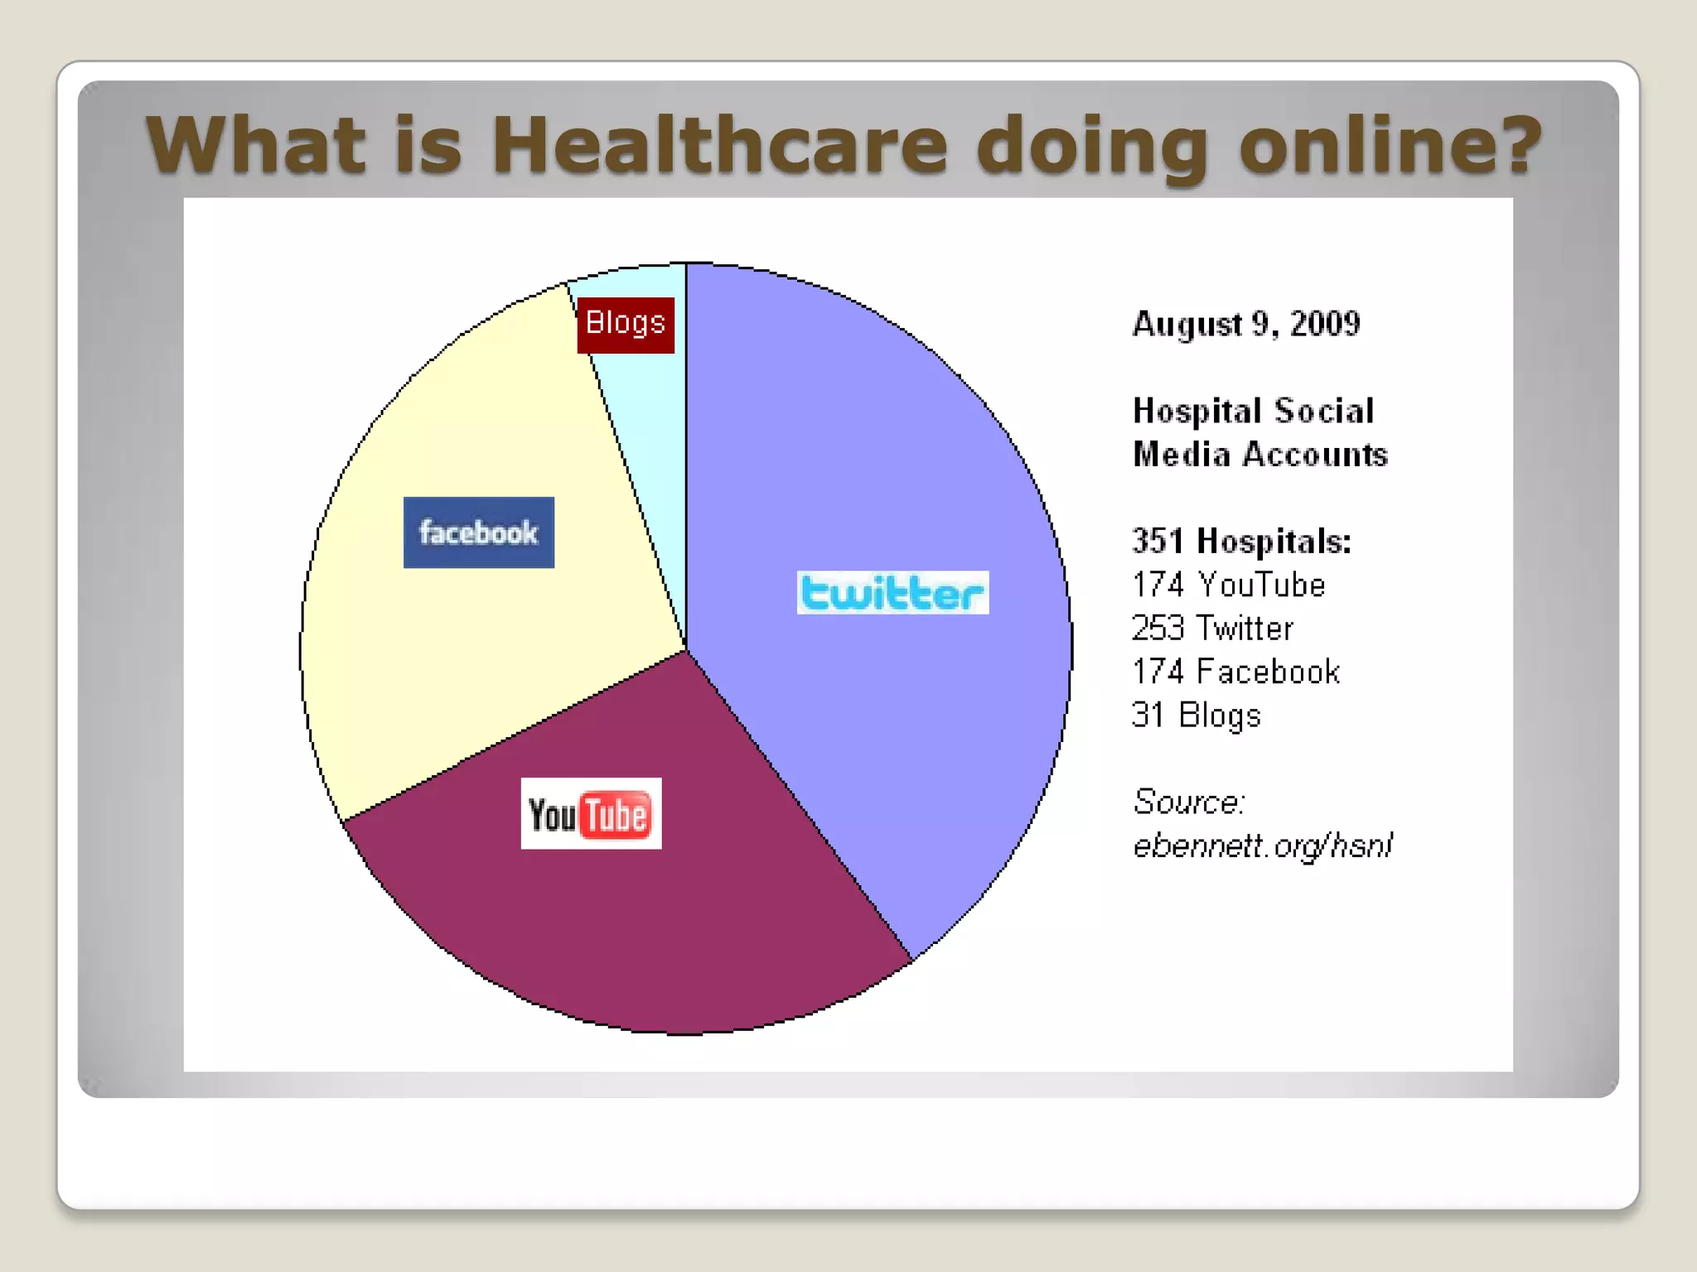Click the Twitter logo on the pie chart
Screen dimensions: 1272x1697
[892, 592]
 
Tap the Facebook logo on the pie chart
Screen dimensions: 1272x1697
[478, 532]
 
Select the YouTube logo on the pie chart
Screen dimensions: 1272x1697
[591, 813]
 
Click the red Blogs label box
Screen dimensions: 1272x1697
[626, 324]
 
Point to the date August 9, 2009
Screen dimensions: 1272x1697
[1245, 324]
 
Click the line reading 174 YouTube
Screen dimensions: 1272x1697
[1228, 585]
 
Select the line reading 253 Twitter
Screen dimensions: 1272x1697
[1211, 629]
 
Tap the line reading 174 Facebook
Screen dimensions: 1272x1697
[1235, 672]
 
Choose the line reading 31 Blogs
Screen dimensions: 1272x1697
[1196, 715]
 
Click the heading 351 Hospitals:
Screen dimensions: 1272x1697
[1241, 541]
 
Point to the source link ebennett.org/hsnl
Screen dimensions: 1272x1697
[1261, 846]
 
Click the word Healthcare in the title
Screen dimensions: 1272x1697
[718, 145]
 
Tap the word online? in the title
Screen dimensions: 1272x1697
[1390, 145]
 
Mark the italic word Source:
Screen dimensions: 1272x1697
[1188, 802]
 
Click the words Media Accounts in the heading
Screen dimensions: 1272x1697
[1259, 455]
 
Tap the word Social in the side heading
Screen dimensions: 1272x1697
[1323, 411]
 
